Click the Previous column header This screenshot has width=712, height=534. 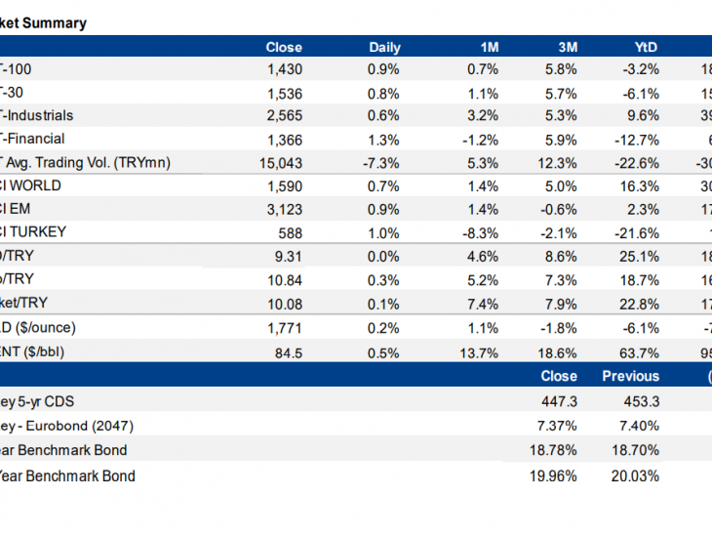(x=630, y=376)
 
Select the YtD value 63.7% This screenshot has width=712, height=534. (x=640, y=351)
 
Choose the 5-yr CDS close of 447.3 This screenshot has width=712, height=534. (x=558, y=400)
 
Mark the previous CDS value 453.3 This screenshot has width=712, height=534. (x=639, y=400)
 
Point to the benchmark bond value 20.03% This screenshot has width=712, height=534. (x=638, y=476)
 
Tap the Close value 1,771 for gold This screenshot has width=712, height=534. (x=286, y=328)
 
